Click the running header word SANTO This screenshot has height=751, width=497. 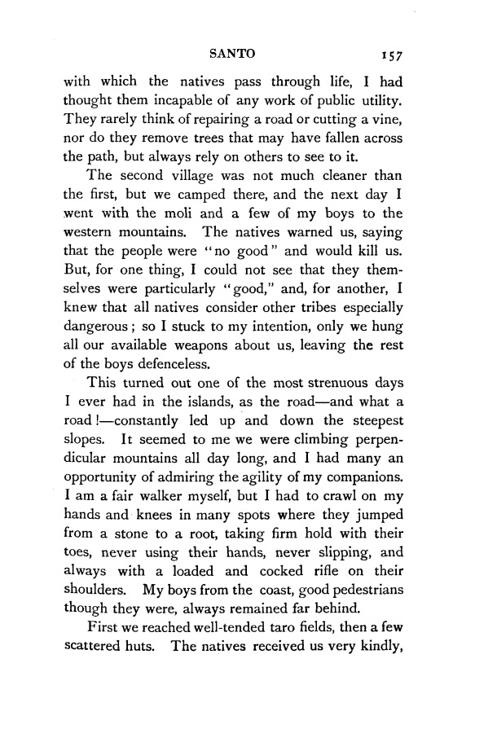coord(233,53)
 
